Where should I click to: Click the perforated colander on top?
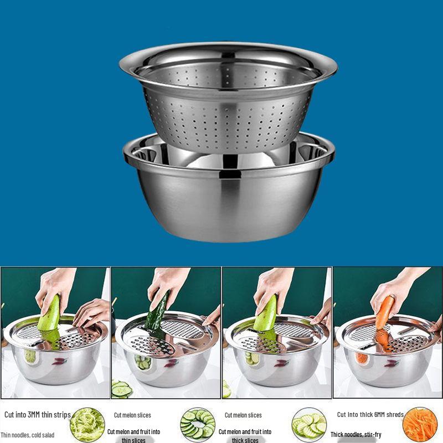pyautogui.click(x=227, y=105)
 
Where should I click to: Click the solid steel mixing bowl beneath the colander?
pyautogui.click(x=229, y=205)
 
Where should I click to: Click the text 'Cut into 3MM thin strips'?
pyautogui.click(x=38, y=415)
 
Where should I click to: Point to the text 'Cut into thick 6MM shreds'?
pyautogui.click(x=370, y=415)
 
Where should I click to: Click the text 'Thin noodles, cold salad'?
pyautogui.click(x=28, y=435)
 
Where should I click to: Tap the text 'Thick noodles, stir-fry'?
pyautogui.click(x=356, y=435)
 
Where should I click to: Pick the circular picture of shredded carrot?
pyautogui.click(x=420, y=425)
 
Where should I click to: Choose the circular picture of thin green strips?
pyautogui.click(x=87, y=425)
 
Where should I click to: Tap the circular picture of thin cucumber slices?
pyautogui.click(x=198, y=425)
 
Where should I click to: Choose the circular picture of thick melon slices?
pyautogui.click(x=309, y=425)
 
